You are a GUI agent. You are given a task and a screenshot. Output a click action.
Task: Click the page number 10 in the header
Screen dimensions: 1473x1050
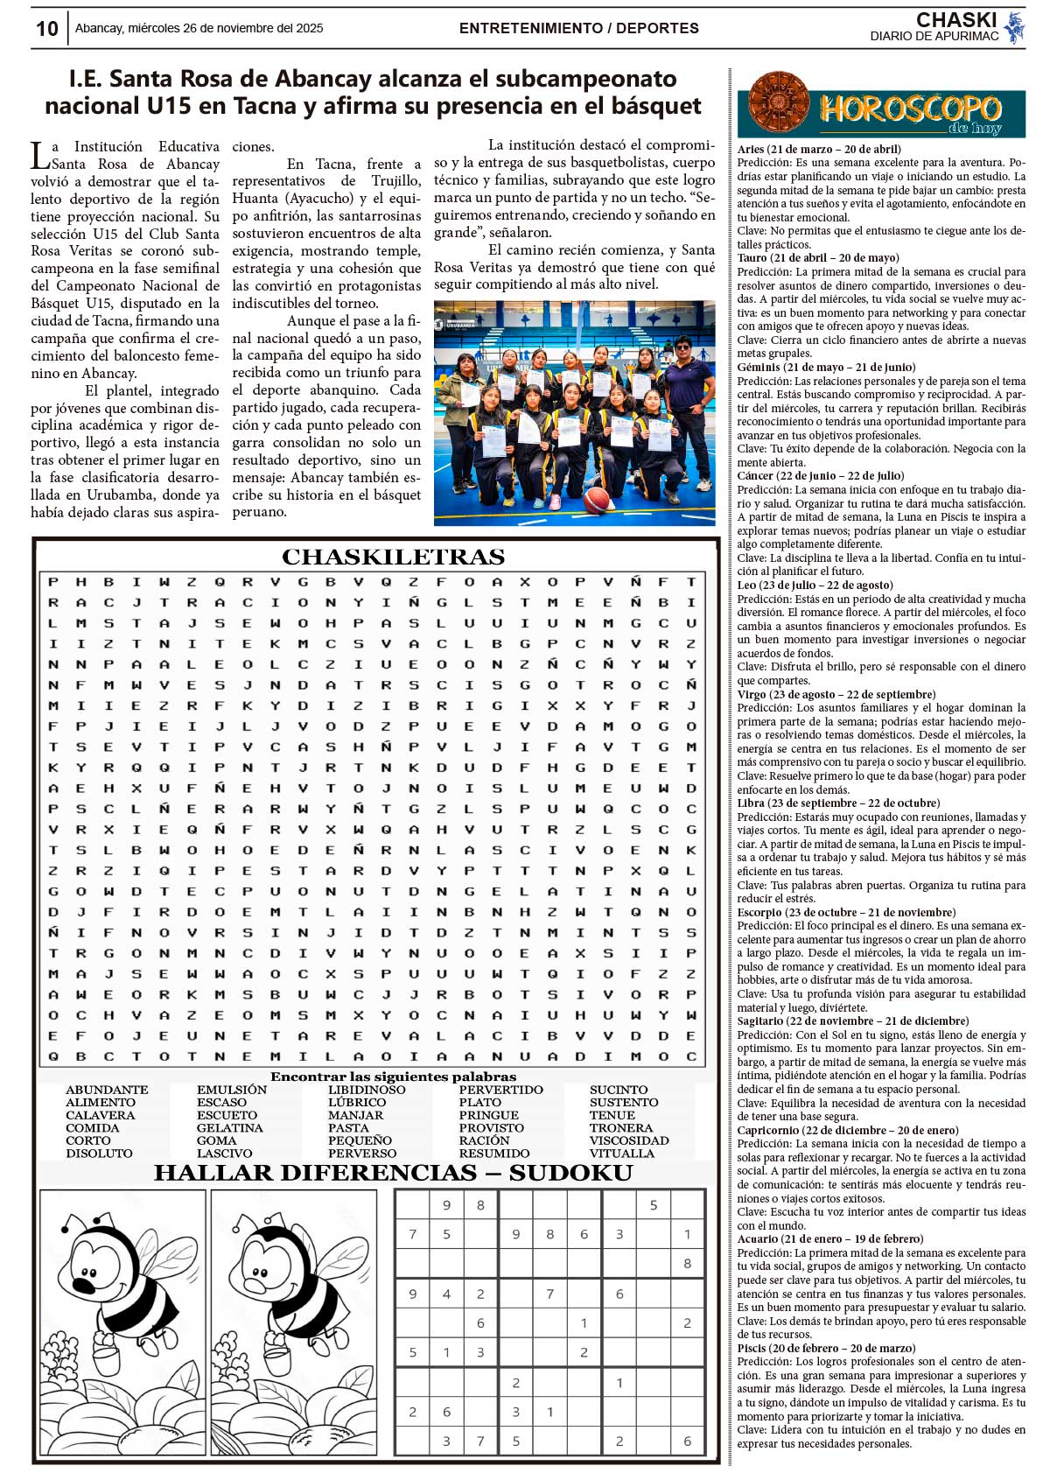tap(46, 29)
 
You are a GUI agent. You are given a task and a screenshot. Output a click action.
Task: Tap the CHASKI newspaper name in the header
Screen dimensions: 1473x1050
tap(955, 20)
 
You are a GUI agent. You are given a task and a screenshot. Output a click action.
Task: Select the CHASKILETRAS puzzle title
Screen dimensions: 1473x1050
tap(393, 558)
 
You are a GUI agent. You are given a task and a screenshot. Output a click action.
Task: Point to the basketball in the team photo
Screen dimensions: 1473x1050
tap(597, 500)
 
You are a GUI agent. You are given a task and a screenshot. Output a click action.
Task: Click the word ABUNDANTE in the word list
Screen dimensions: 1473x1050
tap(107, 1090)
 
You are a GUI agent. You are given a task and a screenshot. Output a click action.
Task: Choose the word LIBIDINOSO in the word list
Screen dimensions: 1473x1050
tap(367, 1090)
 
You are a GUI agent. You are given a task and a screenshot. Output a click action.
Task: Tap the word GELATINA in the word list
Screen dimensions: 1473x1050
tap(229, 1128)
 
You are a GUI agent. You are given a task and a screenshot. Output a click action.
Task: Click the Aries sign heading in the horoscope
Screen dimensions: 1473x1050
tap(819, 150)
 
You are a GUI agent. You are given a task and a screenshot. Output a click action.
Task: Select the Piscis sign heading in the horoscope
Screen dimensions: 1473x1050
tap(826, 1349)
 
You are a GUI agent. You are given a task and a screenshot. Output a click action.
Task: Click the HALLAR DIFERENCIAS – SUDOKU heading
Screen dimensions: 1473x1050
tap(393, 1173)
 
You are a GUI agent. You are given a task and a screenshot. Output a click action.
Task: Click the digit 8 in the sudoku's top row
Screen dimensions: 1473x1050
tap(480, 1205)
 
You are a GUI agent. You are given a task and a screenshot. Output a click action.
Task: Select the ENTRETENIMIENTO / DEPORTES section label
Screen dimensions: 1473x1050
tap(578, 28)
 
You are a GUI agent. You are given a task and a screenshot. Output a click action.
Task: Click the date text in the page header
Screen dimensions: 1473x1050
tap(199, 28)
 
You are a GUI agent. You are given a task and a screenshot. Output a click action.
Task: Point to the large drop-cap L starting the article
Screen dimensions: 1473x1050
tap(40, 156)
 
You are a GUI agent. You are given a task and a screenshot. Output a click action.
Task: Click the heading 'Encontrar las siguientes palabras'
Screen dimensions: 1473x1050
tap(393, 1077)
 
